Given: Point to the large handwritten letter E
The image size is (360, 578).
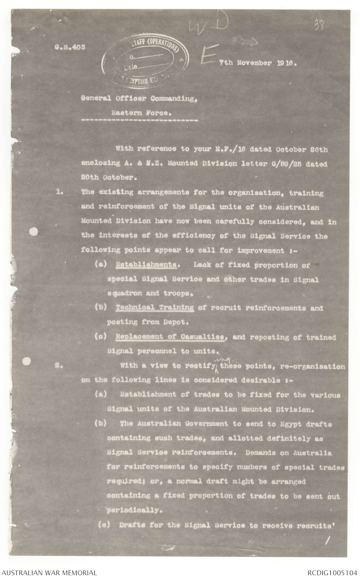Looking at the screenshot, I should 208,56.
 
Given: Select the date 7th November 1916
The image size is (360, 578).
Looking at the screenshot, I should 258,63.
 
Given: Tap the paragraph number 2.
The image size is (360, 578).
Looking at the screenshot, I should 60,366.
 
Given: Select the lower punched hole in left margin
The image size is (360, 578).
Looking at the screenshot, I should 27,361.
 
